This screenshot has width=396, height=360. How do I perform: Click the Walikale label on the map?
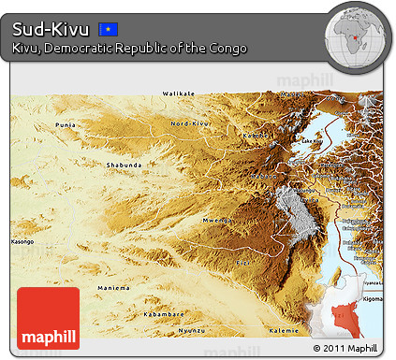pos(179,94)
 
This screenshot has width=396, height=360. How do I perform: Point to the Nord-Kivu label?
pos(190,123)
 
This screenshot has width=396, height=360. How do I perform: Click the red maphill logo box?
pos(49,318)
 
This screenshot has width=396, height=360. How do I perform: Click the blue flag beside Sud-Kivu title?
pos(109,29)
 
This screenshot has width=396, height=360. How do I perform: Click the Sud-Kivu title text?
pos(51,29)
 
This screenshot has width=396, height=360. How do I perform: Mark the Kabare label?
pos(266,174)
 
